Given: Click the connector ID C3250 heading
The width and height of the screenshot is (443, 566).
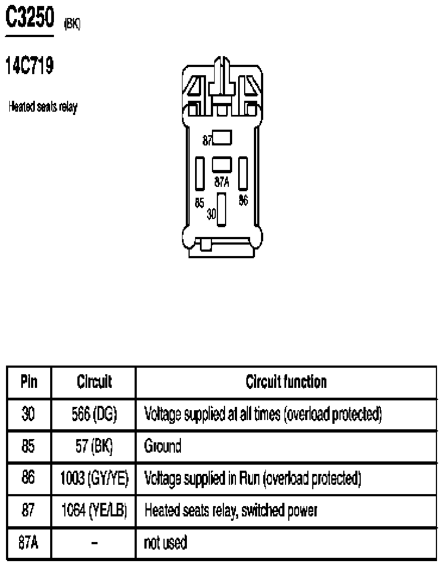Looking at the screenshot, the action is click(30, 17).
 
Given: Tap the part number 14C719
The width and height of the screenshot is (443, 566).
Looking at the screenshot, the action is click(29, 66).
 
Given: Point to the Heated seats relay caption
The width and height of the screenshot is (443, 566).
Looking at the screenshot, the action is click(43, 107).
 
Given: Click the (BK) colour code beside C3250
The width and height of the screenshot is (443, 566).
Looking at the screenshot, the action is click(72, 24).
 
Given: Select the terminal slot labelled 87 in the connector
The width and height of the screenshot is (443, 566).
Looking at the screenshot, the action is click(222, 137).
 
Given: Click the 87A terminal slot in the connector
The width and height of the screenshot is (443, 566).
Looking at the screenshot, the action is click(222, 164).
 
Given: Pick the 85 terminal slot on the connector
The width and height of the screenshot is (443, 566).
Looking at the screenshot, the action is click(199, 174).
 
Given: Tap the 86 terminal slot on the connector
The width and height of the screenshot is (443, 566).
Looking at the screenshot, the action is click(243, 174).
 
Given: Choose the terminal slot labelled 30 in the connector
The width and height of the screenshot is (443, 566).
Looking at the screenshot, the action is click(221, 209).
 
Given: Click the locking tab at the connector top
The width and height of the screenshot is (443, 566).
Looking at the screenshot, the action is click(222, 77).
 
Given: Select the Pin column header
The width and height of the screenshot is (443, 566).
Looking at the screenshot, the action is click(29, 382).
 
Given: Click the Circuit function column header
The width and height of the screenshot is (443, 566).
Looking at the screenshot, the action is click(286, 382).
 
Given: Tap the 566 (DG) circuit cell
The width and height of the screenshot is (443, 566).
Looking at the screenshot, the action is click(94, 414).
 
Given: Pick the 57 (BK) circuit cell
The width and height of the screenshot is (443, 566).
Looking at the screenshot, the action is click(94, 446).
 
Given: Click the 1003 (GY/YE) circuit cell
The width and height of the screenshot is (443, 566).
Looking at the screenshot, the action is click(94, 478).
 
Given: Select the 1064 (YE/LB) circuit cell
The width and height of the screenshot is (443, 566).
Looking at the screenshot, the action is click(94, 510).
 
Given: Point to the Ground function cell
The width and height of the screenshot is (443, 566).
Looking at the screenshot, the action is click(162, 446).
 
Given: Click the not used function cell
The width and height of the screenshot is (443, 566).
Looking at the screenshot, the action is click(165, 543).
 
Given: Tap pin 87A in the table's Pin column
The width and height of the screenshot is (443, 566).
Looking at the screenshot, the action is click(28, 543).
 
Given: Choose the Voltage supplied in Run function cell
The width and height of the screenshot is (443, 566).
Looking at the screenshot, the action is click(252, 478).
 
